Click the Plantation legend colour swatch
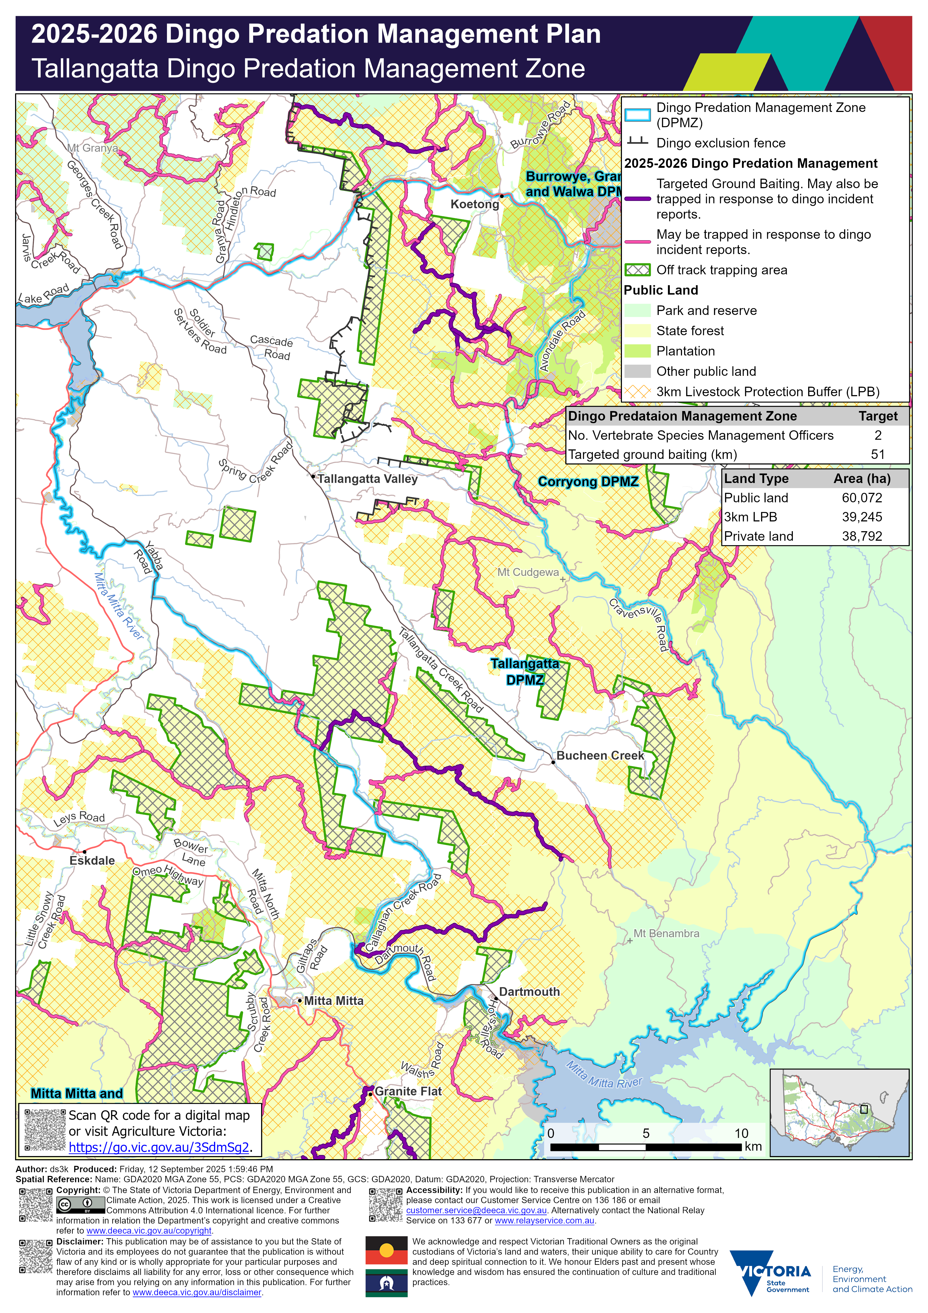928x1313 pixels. click(x=637, y=351)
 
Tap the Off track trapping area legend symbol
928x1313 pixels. click(x=637, y=270)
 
